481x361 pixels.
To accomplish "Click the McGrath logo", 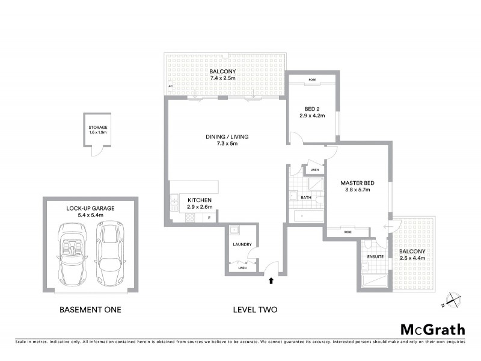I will (x=432, y=329).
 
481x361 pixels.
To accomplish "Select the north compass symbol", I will (x=451, y=300).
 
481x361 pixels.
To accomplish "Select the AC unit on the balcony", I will (x=171, y=87).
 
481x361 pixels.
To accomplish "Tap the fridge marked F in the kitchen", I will (x=209, y=217).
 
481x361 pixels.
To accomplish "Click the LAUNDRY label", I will (x=242, y=244).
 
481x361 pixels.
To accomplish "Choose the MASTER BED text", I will (x=357, y=183).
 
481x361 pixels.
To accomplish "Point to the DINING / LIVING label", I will (x=227, y=137).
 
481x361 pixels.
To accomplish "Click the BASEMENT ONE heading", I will (x=90, y=310).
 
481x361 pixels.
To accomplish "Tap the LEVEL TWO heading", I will (x=255, y=310).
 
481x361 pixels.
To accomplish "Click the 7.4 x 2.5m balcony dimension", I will (x=222, y=78).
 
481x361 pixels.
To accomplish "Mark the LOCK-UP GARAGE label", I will (x=90, y=208).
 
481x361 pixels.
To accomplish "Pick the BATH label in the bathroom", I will (x=305, y=197).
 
